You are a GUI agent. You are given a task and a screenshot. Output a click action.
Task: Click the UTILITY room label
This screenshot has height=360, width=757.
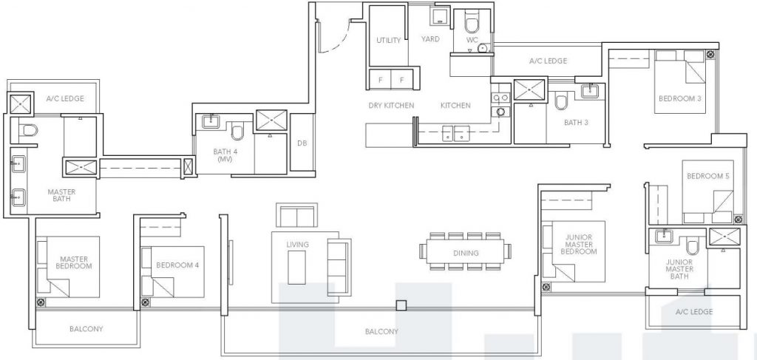(x=388, y=40)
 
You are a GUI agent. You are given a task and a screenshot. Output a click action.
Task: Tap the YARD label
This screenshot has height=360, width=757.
(x=431, y=40)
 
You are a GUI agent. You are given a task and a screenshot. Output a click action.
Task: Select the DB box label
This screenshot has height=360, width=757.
(x=302, y=143)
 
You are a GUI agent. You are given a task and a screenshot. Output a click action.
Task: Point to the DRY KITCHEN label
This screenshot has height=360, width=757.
(x=391, y=106)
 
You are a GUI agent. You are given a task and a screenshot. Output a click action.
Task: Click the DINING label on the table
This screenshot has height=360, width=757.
(x=467, y=253)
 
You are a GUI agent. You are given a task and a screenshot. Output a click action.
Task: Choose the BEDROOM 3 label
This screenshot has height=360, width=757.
(x=679, y=98)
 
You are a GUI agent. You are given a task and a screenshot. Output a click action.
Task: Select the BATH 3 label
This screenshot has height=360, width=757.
(x=576, y=123)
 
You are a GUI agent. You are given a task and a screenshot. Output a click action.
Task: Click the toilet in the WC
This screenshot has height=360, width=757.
(x=472, y=23)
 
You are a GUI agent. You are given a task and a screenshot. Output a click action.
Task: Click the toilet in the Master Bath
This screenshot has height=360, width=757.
(x=28, y=131)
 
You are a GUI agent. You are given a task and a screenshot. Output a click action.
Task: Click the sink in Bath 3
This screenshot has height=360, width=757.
(x=591, y=91)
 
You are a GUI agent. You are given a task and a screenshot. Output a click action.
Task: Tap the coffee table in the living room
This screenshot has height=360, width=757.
(x=297, y=264)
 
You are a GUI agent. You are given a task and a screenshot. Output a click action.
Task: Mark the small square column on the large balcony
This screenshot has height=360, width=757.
(x=401, y=305)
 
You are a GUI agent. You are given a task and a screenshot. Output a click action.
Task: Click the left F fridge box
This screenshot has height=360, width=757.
(x=381, y=79)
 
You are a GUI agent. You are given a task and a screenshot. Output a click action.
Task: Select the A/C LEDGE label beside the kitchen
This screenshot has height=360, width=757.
(x=548, y=61)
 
